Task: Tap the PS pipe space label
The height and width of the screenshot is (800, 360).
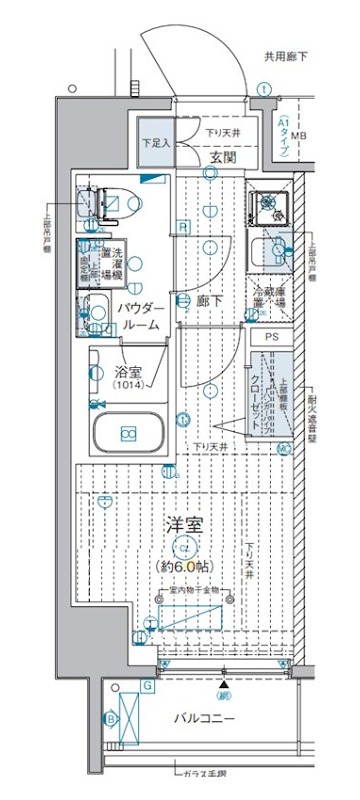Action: point(273,338)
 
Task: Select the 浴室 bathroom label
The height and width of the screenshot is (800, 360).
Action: point(127,370)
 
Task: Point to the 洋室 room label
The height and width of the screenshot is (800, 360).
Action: point(183,524)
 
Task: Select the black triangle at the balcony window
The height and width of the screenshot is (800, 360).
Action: point(222,683)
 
